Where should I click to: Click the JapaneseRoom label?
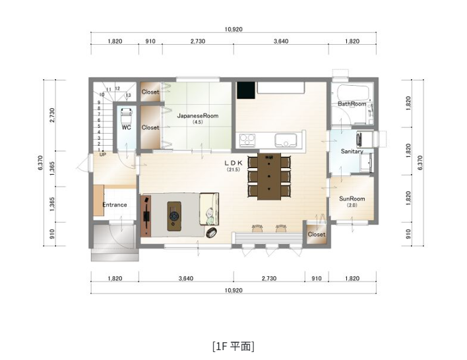click(197, 115)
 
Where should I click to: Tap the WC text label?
click(125, 127)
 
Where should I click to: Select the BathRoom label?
click(352, 104)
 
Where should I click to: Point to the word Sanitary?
click(352, 151)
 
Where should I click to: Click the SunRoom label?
click(352, 198)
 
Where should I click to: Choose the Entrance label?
click(114, 204)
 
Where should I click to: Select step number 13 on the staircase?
click(128, 95)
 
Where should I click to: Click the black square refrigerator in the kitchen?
click(245, 89)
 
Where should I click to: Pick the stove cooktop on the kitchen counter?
click(248, 139)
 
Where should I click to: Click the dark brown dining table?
click(269, 176)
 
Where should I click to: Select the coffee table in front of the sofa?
click(175, 215)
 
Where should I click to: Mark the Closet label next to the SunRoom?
click(317, 234)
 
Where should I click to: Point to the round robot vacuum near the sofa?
click(211, 232)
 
